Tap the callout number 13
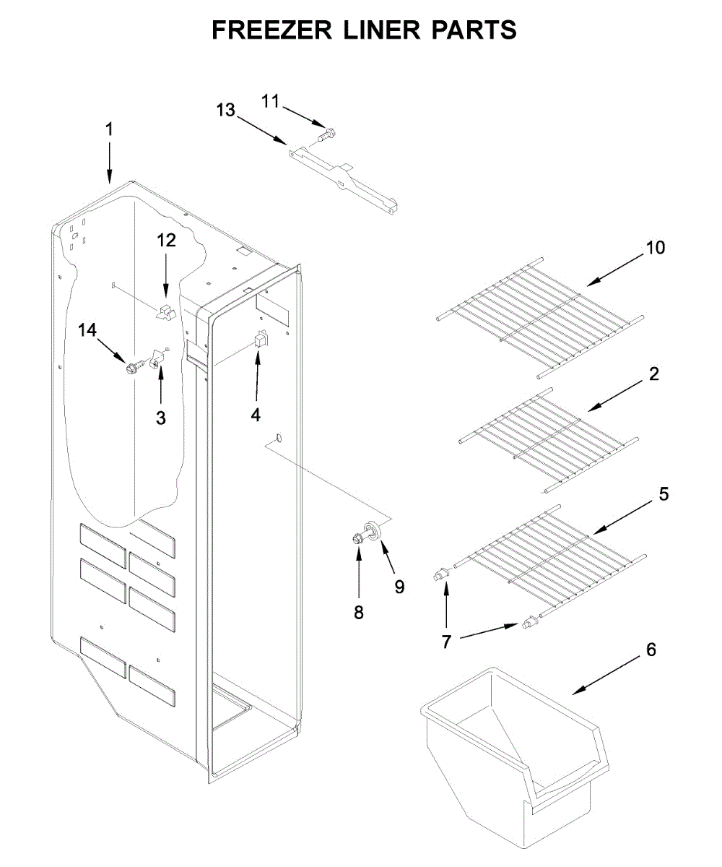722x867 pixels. (x=225, y=110)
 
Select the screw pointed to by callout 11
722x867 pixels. (x=326, y=134)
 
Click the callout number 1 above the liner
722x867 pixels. (x=109, y=130)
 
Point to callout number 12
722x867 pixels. (x=166, y=241)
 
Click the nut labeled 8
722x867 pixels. (x=357, y=538)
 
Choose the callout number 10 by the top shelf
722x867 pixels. (x=655, y=249)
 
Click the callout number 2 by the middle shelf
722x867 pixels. (x=653, y=374)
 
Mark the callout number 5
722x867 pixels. (x=664, y=494)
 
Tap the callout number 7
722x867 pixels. (x=445, y=641)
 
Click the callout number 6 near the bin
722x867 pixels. (x=651, y=650)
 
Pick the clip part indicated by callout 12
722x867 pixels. (x=165, y=311)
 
